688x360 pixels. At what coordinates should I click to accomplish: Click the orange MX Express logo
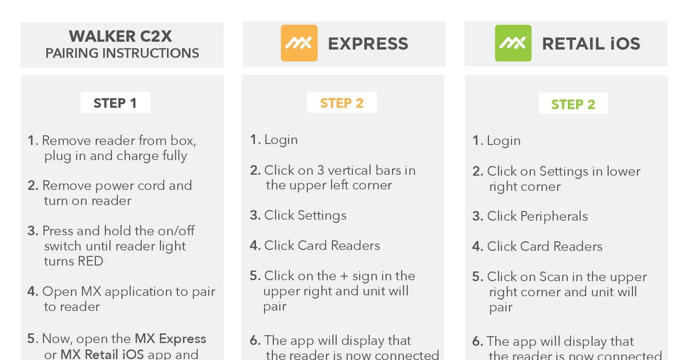tap(299, 43)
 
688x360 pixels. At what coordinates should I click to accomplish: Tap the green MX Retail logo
tap(513, 43)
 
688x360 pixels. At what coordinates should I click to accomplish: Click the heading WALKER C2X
tap(120, 36)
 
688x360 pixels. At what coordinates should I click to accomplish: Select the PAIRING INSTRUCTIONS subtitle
tap(122, 53)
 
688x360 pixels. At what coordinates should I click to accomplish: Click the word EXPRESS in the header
tap(368, 44)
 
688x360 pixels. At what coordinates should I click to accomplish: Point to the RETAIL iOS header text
tap(591, 44)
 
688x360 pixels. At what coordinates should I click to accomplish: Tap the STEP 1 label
tap(115, 103)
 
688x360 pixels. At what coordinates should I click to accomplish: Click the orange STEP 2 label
tap(342, 103)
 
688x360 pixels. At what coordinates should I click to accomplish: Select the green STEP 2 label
tap(573, 104)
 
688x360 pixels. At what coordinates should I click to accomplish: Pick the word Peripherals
tap(554, 216)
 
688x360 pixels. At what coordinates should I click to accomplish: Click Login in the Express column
tap(281, 140)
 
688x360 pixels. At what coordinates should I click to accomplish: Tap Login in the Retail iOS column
tap(504, 141)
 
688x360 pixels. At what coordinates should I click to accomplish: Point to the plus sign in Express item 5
tap(344, 276)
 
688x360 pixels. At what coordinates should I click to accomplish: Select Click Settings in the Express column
tap(305, 216)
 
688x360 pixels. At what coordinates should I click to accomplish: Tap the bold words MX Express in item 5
tap(171, 338)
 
